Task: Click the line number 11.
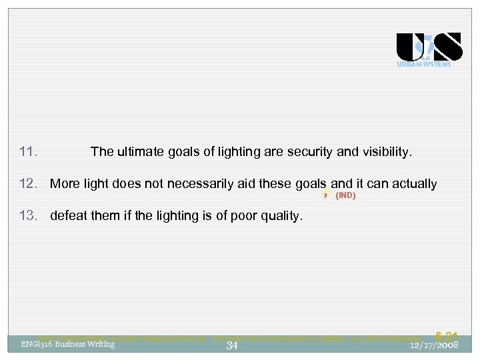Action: pyautogui.click(x=28, y=152)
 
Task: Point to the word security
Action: pyautogui.click(x=310, y=152)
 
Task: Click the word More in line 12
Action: pyautogui.click(x=65, y=184)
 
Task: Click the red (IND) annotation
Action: pyautogui.click(x=345, y=196)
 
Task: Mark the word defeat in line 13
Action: pyautogui.click(x=69, y=216)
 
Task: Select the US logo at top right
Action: pyautogui.click(x=429, y=47)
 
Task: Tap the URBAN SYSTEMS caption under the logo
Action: pyautogui.click(x=424, y=65)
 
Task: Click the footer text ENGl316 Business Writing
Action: pyautogui.click(x=68, y=344)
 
